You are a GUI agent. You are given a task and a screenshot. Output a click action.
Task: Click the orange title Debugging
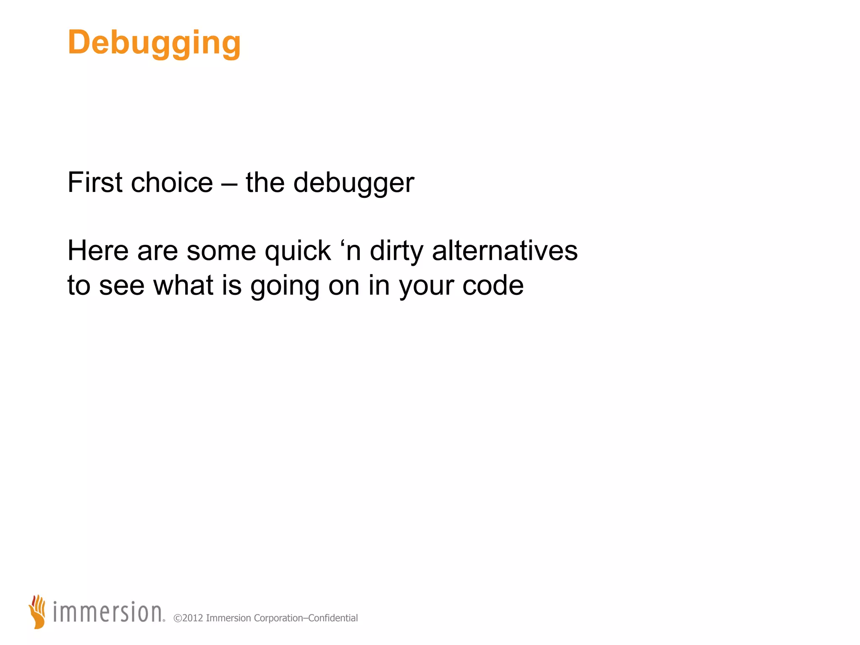coord(154,43)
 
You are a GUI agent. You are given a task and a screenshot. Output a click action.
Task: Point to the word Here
coord(98,251)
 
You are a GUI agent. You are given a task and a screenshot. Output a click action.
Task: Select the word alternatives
coord(505,251)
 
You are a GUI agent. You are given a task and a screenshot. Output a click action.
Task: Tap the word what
coord(183,285)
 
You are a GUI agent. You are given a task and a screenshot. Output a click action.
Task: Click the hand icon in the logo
coord(38,611)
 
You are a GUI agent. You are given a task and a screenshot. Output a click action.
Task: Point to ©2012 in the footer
coord(188,618)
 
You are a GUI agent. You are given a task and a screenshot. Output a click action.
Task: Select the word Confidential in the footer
coord(333,618)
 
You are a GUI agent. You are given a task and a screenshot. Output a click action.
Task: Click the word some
coord(221,252)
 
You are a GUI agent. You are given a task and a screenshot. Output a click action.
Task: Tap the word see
coord(121,286)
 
